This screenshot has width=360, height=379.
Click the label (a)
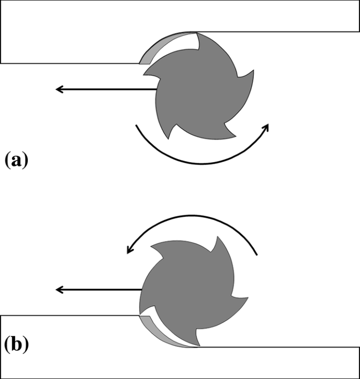click(15, 159)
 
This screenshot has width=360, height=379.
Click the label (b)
click(16, 345)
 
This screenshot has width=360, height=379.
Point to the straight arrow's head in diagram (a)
click(59, 89)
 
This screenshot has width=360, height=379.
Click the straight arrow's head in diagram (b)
click(59, 289)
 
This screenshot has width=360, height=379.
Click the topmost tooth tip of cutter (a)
click(198, 34)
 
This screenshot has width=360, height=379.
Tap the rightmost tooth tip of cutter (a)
click(254, 70)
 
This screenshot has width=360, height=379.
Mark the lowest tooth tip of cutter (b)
click(198, 346)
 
